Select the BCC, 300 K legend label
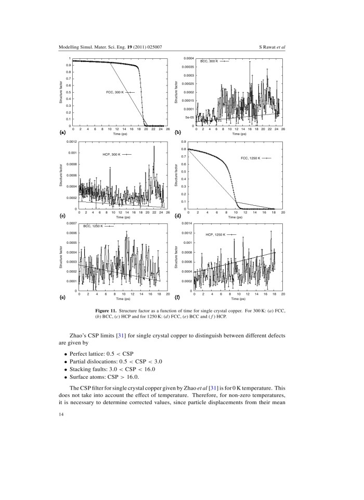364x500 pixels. click(x=210, y=61)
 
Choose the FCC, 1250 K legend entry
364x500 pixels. click(x=251, y=157)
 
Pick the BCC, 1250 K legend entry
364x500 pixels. click(x=90, y=226)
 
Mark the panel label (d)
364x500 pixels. click(x=178, y=215)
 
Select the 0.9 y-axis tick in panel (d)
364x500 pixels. click(x=184, y=142)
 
